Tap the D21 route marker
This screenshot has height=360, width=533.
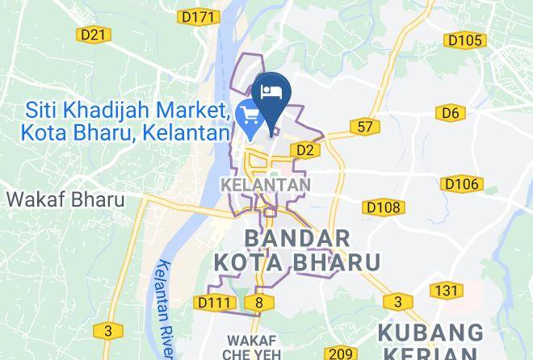click(x=94, y=34)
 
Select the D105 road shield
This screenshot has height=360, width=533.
click(x=464, y=40)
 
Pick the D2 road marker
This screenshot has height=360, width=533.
click(x=304, y=149)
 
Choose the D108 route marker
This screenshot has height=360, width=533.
click(x=382, y=207)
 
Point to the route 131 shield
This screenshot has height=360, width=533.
click(x=446, y=291)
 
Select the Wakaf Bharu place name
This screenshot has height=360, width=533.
click(x=65, y=199)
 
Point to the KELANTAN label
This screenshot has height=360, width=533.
click(x=265, y=185)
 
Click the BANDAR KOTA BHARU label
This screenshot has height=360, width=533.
click(x=296, y=250)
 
